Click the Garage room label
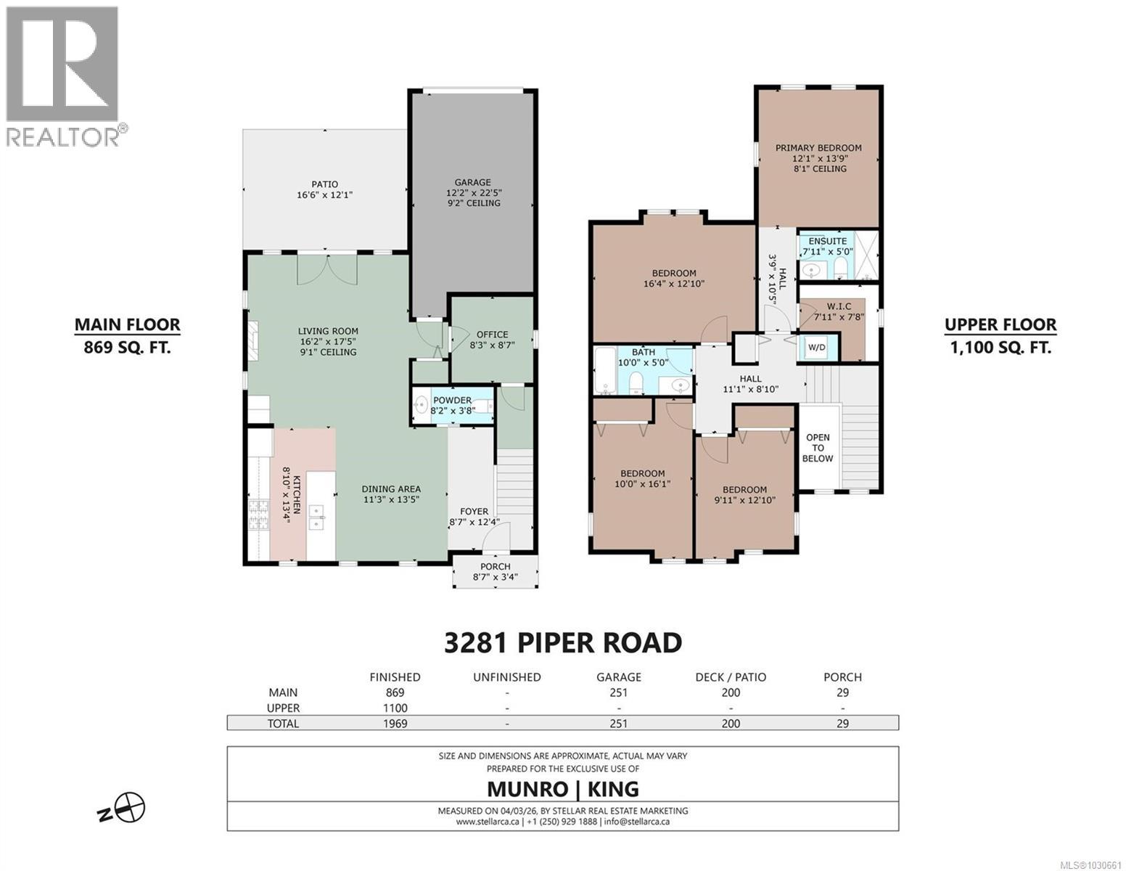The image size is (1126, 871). point(472,182)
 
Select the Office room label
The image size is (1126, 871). point(492,335)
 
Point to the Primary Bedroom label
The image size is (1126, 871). point(818,148)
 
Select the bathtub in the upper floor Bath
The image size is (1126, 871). point(604,370)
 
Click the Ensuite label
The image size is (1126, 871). point(827,241)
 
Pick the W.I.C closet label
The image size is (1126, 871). point(832,307)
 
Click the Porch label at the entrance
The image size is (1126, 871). point(496,567)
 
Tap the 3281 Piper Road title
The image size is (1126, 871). point(562,642)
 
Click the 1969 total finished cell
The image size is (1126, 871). point(395,723)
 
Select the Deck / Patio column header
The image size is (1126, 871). point(731,677)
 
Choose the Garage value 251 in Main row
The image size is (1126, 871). point(618,692)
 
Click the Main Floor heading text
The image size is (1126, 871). point(127,325)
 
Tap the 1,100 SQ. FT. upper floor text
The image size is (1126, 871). point(1000,348)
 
